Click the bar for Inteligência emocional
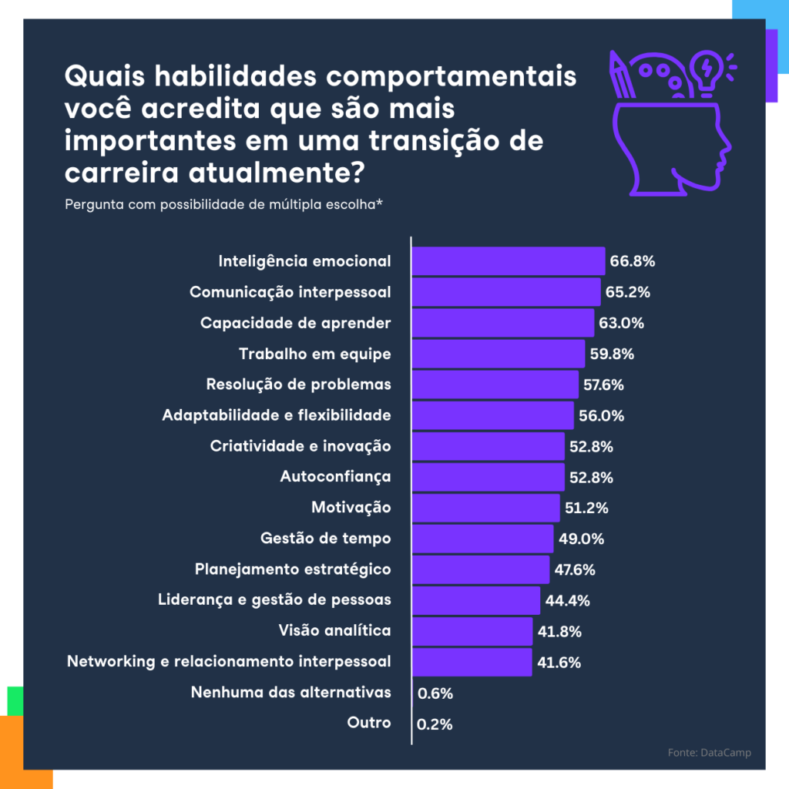(x=508, y=261)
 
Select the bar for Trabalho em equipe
(x=498, y=354)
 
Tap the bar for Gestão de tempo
(x=482, y=539)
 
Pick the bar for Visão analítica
(x=472, y=631)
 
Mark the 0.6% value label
(x=435, y=693)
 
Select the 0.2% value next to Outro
(x=435, y=724)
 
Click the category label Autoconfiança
(x=335, y=477)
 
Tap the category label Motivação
(x=351, y=508)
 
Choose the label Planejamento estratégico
(x=293, y=569)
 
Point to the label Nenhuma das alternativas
(x=290, y=693)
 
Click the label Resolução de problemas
(x=298, y=384)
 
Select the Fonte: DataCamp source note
(x=709, y=753)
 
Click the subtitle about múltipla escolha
(x=224, y=205)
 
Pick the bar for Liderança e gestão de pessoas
(x=476, y=600)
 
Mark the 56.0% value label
(x=601, y=415)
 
